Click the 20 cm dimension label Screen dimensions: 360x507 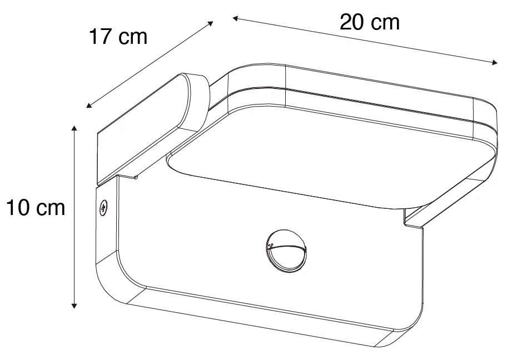370,22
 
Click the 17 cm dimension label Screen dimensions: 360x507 118,37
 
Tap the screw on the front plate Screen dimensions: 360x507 103,208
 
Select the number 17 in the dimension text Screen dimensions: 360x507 101,37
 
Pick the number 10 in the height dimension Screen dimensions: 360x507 17,208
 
